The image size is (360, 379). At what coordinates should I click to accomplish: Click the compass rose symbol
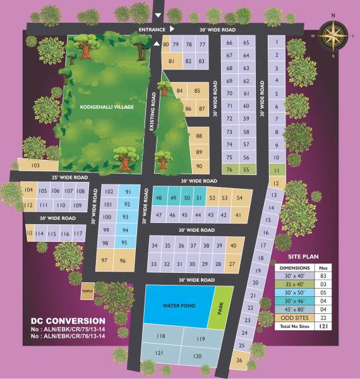[333, 35]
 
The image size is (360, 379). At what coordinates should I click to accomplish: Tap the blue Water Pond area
[179, 306]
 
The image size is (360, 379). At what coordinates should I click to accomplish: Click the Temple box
[87, 292]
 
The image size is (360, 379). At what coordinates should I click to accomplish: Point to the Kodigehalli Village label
[107, 107]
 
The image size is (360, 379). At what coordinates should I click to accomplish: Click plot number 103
[35, 165]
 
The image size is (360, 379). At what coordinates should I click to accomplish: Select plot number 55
[246, 169]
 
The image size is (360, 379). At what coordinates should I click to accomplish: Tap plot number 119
[201, 339]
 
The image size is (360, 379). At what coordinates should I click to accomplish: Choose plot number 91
[128, 192]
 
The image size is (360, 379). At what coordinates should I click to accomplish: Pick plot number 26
[239, 360]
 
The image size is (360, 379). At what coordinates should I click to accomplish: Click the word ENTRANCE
[152, 30]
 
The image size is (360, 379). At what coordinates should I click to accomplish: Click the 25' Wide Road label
[69, 177]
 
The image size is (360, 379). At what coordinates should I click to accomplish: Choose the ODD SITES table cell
[294, 317]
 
